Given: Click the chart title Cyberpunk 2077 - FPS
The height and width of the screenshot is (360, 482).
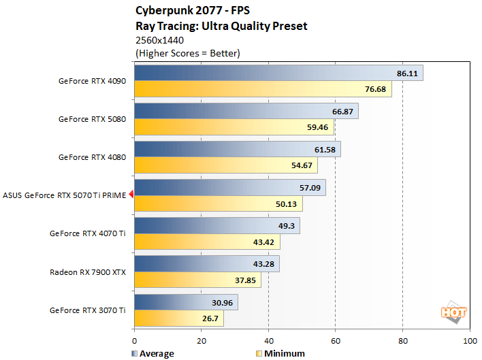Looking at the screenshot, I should pyautogui.click(x=187, y=12).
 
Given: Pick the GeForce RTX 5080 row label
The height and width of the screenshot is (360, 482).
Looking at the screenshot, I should pyautogui.click(x=92, y=119).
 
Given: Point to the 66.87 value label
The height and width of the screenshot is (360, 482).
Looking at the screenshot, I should pyautogui.click(x=342, y=111).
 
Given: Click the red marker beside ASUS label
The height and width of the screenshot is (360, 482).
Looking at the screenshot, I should pyautogui.click(x=131, y=195).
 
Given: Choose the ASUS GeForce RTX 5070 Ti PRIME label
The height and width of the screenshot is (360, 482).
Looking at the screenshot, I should pyautogui.click(x=65, y=195).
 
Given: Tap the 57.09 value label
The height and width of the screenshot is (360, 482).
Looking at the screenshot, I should pyautogui.click(x=310, y=187).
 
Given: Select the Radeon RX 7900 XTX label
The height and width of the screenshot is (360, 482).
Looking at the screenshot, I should pyautogui.click(x=88, y=272).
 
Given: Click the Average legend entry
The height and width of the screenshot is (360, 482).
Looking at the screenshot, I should pyautogui.click(x=152, y=353).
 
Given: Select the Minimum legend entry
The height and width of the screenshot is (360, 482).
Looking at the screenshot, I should pyautogui.click(x=280, y=353).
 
